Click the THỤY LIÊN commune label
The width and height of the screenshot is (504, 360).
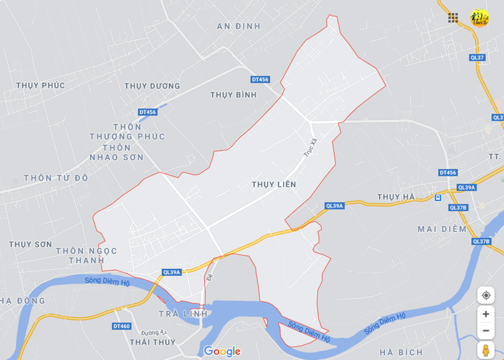click(x=274, y=184)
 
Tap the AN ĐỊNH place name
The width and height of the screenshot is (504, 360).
click(x=239, y=26)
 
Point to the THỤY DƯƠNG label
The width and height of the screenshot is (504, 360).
click(x=152, y=86)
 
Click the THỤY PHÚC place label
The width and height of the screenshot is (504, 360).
click(x=40, y=85)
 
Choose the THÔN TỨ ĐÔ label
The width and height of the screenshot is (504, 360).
click(x=56, y=178)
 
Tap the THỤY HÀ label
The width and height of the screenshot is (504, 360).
click(x=396, y=197)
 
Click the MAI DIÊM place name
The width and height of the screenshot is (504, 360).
click(x=442, y=229)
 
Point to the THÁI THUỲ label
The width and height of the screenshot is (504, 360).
click(x=152, y=341)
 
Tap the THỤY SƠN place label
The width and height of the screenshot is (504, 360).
click(x=30, y=244)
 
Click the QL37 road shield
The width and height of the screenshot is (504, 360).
click(x=477, y=57)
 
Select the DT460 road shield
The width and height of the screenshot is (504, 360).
click(x=121, y=326)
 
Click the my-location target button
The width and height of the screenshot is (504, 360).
click(x=485, y=295)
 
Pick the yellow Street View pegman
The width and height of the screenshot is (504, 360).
click(x=485, y=350)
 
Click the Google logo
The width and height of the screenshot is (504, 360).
click(x=222, y=351)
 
